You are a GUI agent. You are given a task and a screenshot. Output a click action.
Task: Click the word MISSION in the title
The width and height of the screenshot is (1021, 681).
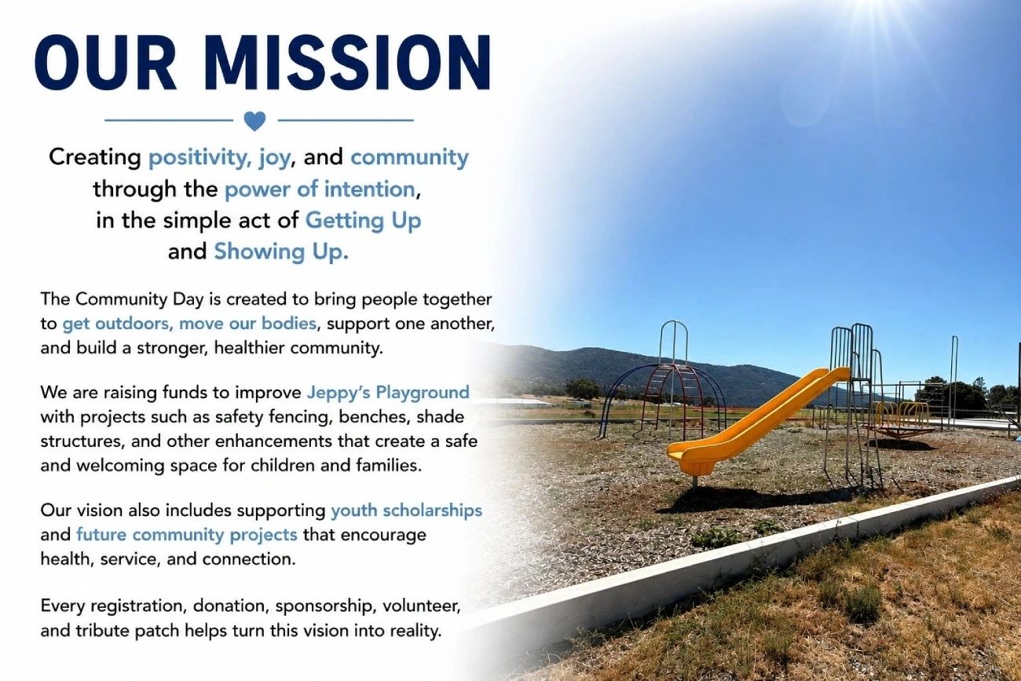(x=347, y=63)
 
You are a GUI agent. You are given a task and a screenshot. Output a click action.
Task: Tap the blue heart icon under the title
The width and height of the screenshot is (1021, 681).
(x=254, y=121)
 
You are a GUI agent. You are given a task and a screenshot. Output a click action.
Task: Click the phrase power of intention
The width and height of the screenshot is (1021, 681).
(x=320, y=189)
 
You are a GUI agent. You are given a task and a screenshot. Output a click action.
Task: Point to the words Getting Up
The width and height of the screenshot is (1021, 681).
(x=363, y=221)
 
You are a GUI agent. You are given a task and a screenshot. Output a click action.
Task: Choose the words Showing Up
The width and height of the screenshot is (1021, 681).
(x=281, y=252)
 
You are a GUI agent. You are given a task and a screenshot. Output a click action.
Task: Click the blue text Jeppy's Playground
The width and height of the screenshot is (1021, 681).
(x=388, y=393)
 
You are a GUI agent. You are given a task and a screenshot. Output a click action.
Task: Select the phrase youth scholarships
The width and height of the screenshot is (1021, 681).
(x=407, y=511)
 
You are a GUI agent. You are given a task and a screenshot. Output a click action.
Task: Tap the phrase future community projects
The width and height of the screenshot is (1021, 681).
(x=187, y=535)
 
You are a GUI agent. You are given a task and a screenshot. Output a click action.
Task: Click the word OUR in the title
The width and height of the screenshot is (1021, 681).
(x=105, y=63)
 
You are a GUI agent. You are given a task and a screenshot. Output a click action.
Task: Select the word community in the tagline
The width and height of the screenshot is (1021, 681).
(x=409, y=158)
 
